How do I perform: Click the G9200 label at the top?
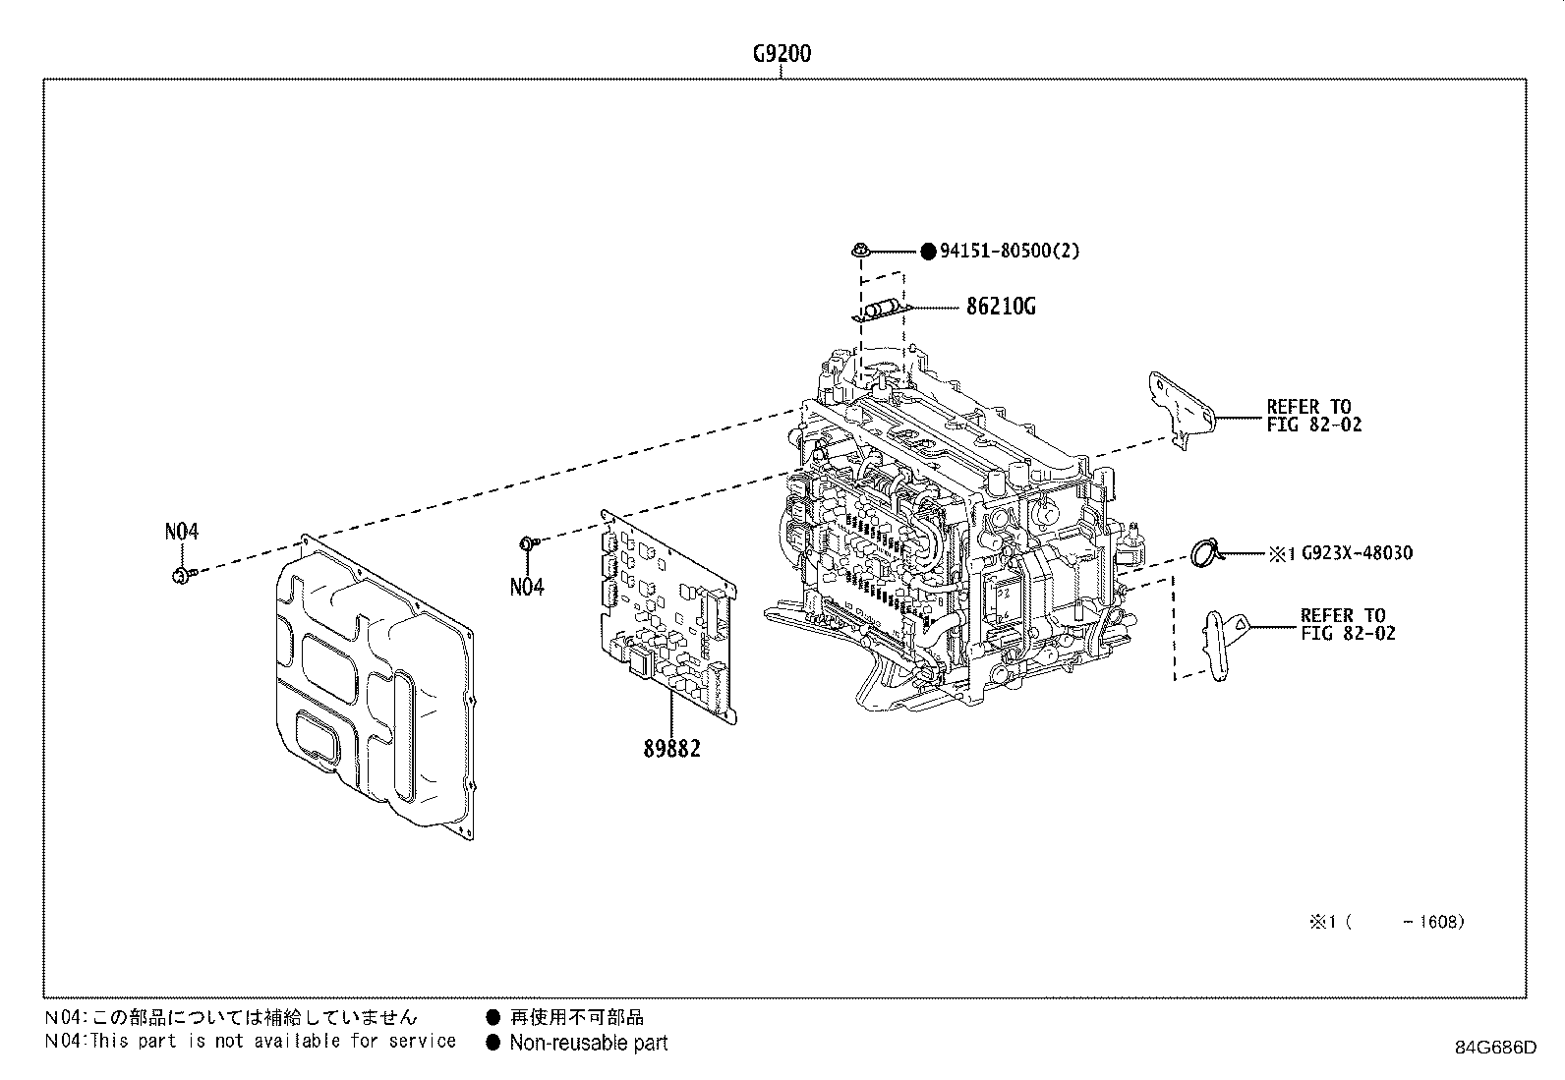(x=782, y=54)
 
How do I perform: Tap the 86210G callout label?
(x=1000, y=307)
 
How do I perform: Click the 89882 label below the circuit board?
(x=672, y=749)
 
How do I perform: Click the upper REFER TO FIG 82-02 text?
(x=1313, y=416)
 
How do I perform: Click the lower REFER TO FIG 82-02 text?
(x=1347, y=625)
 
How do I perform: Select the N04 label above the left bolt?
(x=181, y=532)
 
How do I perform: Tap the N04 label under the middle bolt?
(x=526, y=588)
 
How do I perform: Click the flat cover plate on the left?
(x=374, y=688)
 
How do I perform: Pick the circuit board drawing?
(x=668, y=619)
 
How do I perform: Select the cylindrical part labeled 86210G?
(x=881, y=309)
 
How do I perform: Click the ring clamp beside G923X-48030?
(x=1203, y=553)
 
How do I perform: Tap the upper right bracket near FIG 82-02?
(x=1182, y=408)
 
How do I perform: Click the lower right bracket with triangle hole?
(x=1224, y=644)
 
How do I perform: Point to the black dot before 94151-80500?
(x=927, y=252)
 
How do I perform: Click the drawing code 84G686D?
(x=1495, y=1047)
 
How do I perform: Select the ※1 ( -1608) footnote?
(x=1385, y=922)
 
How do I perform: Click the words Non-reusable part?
(x=588, y=1044)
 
